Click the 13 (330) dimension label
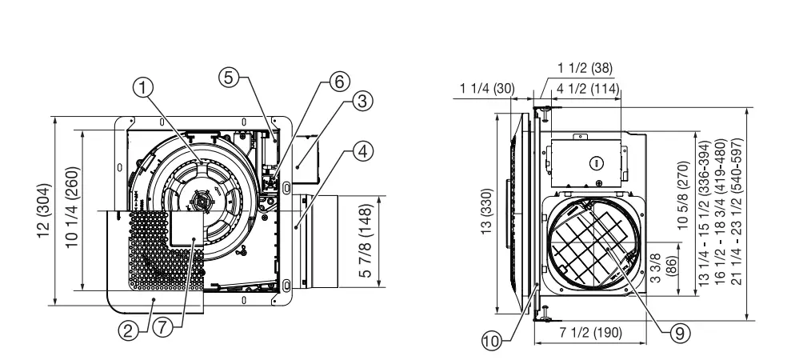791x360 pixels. point(486,212)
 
